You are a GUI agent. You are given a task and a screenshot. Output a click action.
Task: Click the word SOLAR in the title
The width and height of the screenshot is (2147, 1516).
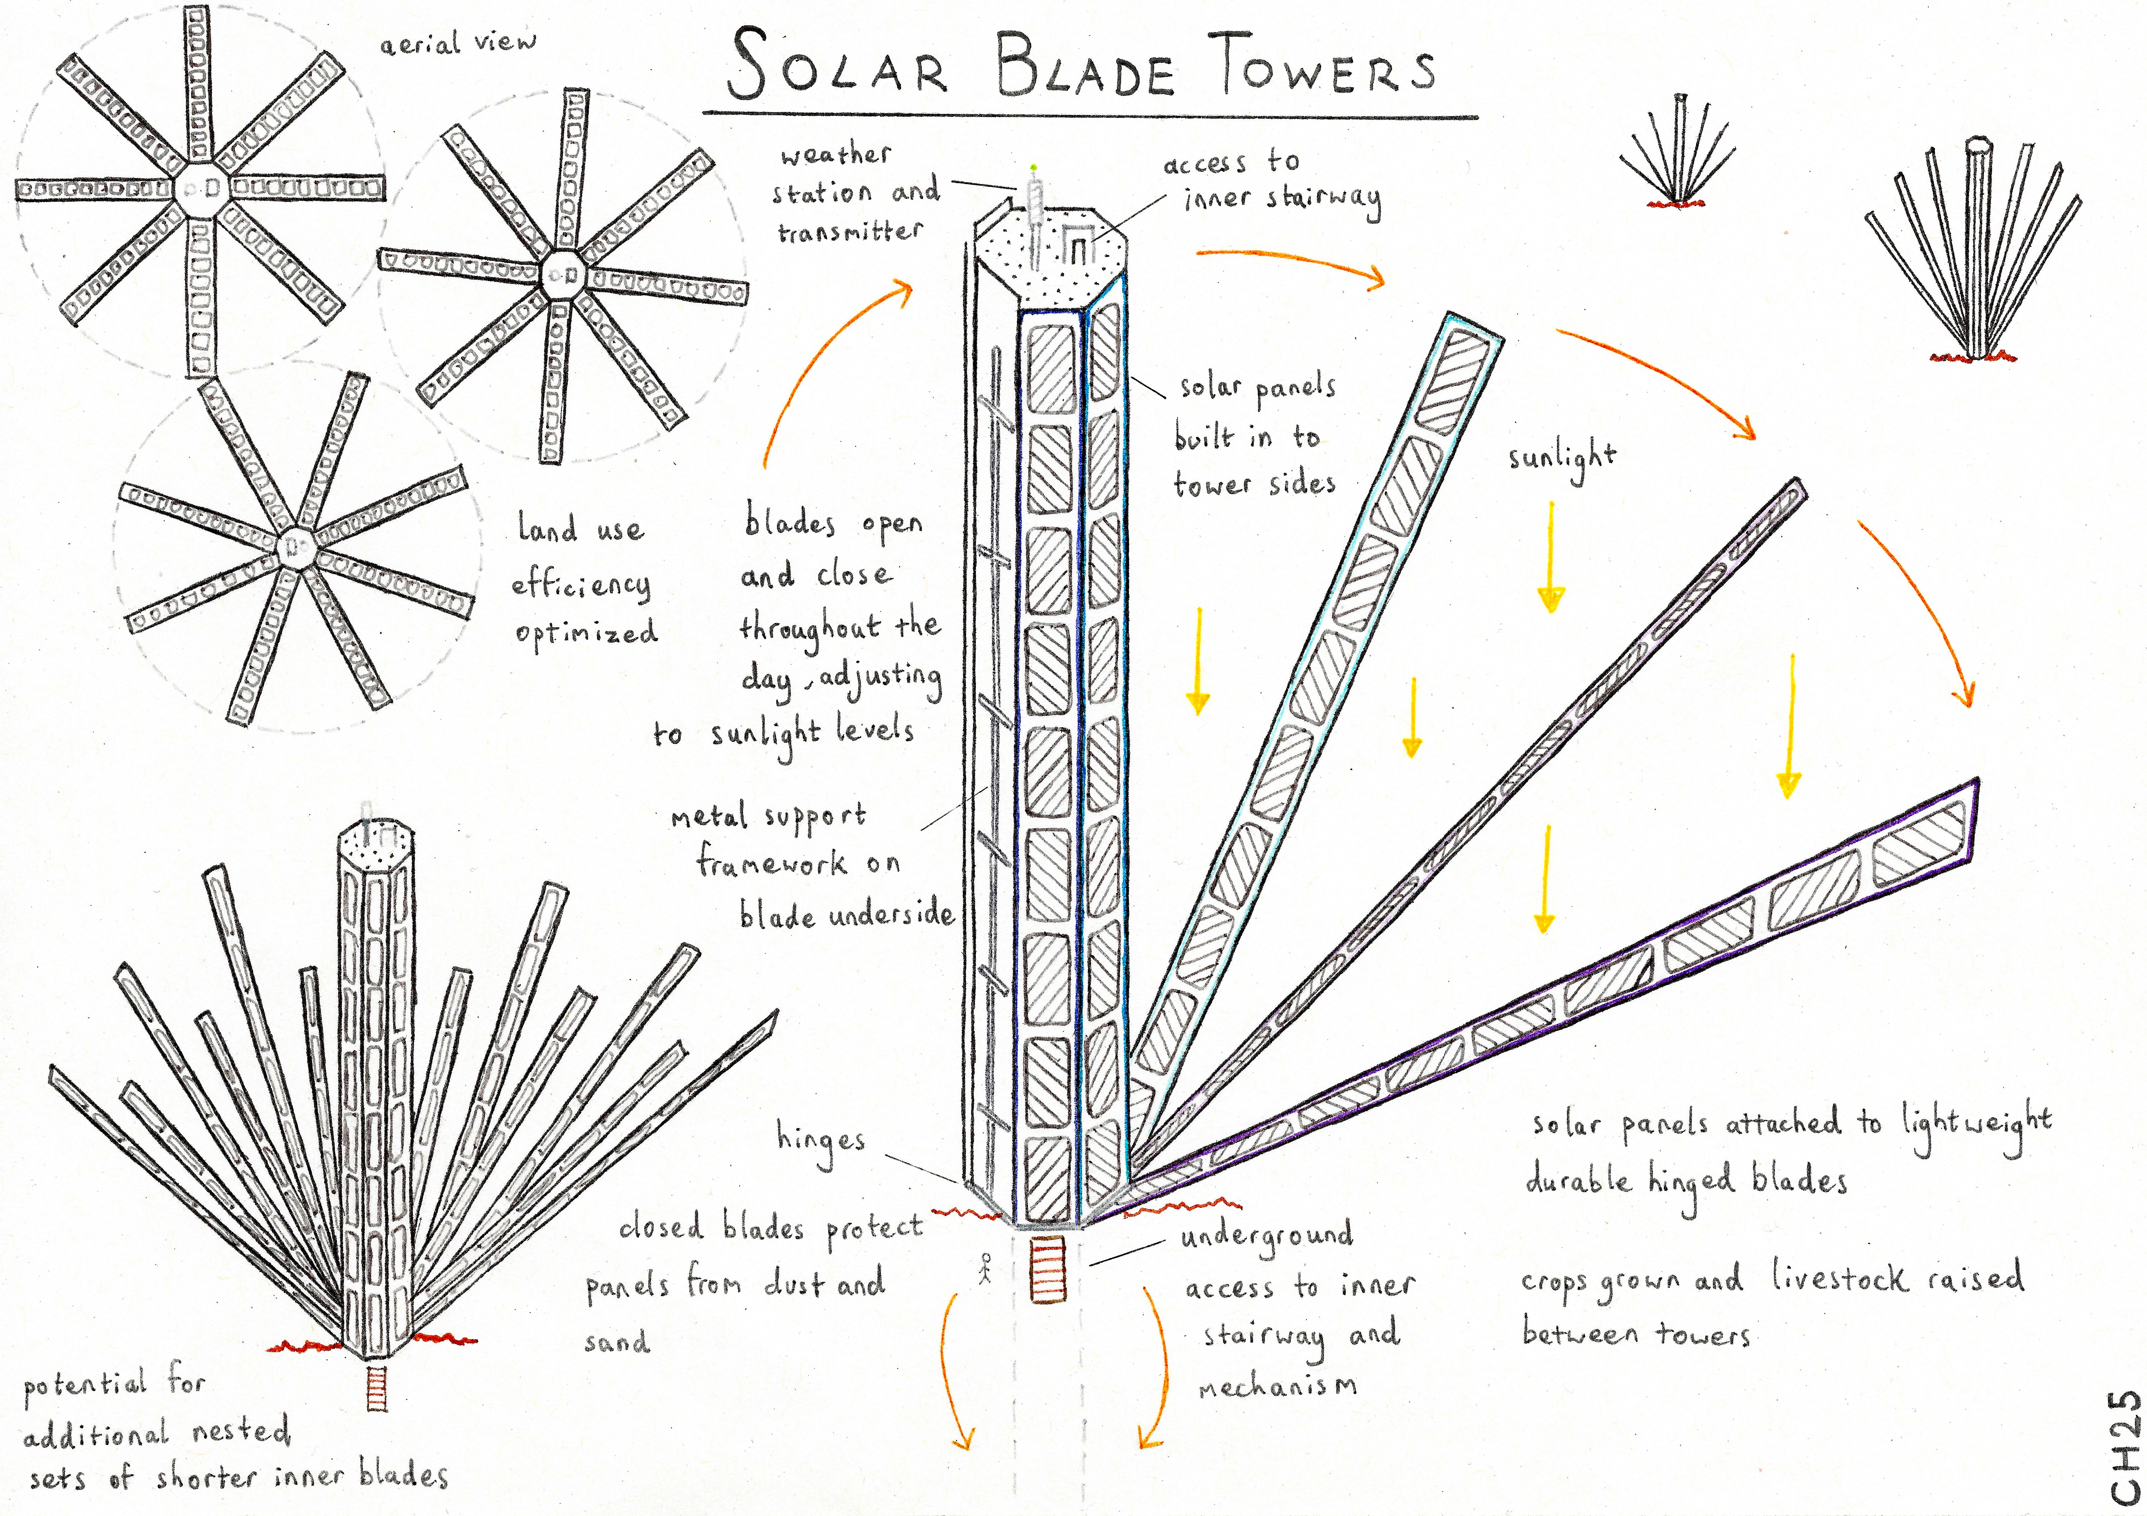pyautogui.click(x=837, y=67)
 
